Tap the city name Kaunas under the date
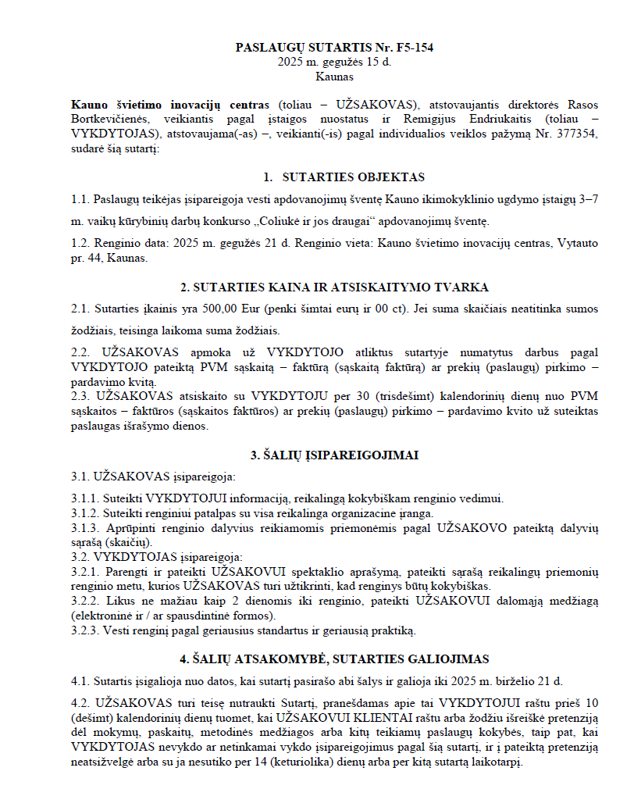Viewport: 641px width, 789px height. point(334,77)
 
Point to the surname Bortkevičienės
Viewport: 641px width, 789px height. point(106,120)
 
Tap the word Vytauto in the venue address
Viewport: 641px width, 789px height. point(577,243)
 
